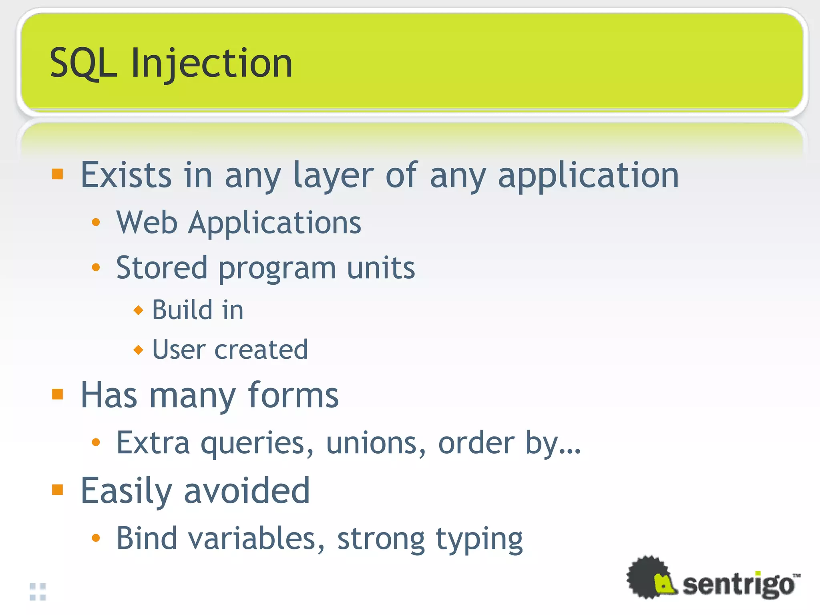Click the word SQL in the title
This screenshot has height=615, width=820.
click(x=83, y=63)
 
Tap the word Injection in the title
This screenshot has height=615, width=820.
click(x=212, y=64)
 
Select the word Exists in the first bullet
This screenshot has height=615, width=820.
click(x=127, y=175)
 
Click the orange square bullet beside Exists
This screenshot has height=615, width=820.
click(x=58, y=174)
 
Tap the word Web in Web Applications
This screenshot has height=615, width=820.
click(x=147, y=223)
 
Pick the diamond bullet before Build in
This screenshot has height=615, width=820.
click(x=138, y=310)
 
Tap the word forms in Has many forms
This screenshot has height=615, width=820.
click(x=293, y=396)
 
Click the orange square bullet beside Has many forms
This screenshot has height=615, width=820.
click(x=58, y=394)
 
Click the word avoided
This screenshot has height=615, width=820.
click(x=247, y=490)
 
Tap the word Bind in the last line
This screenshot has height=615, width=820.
click(x=147, y=539)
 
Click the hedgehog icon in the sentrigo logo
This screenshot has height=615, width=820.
click(x=651, y=577)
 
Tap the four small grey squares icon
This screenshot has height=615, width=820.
click(x=38, y=592)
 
